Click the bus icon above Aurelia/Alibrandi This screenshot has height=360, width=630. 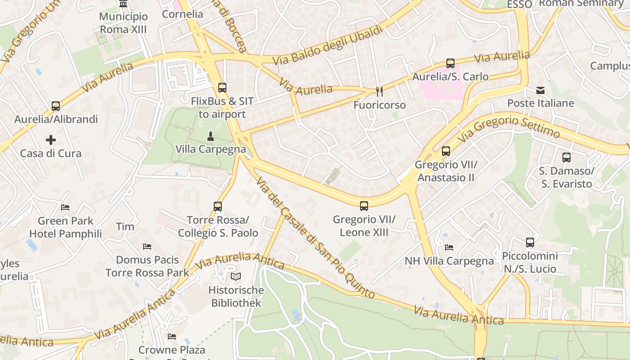[56, 106]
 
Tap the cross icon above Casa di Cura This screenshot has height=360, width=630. [51, 140]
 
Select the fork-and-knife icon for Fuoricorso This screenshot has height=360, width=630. [379, 92]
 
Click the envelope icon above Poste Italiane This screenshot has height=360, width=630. [540, 90]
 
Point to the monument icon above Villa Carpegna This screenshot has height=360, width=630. [210, 135]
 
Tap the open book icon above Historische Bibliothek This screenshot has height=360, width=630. [236, 276]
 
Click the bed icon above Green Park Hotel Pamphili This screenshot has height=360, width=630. [65, 207]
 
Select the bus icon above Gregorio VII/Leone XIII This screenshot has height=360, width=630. [364, 206]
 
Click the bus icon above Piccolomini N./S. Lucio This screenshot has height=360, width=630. [530, 243]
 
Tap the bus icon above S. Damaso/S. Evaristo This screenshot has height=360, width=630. [567, 157]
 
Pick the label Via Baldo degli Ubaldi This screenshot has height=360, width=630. [328, 45]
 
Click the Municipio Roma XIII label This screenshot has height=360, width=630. [123, 23]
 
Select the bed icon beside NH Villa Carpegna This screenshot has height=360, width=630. [449, 247]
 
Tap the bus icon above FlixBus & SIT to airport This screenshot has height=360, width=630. [222, 88]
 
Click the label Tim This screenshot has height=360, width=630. [125, 226]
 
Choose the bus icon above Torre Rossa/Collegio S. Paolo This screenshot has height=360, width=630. [218, 207]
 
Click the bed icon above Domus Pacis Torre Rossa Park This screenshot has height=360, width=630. [147, 247]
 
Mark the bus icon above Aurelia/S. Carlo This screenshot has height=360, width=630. [450, 63]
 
